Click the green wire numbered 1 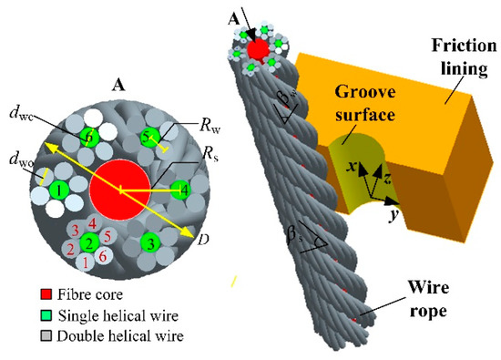(56, 191)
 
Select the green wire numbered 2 (89, 243)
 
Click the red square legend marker (29, 296)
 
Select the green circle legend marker (29, 316)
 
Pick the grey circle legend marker (29, 335)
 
